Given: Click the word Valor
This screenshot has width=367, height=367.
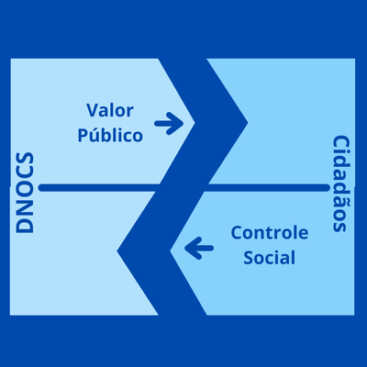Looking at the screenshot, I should click(x=110, y=110).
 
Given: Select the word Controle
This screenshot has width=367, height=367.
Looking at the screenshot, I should click(x=270, y=234).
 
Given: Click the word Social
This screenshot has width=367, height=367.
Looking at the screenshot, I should click(x=270, y=258).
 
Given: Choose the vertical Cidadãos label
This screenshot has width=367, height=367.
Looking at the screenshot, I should click(x=340, y=184).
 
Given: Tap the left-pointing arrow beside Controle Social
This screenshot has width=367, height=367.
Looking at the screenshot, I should click(x=197, y=246).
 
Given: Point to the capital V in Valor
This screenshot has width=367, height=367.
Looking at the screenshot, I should click(x=92, y=110).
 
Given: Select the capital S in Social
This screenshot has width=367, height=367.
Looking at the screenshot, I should click(x=249, y=258).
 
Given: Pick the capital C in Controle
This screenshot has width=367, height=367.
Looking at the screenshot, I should click(x=237, y=234).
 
